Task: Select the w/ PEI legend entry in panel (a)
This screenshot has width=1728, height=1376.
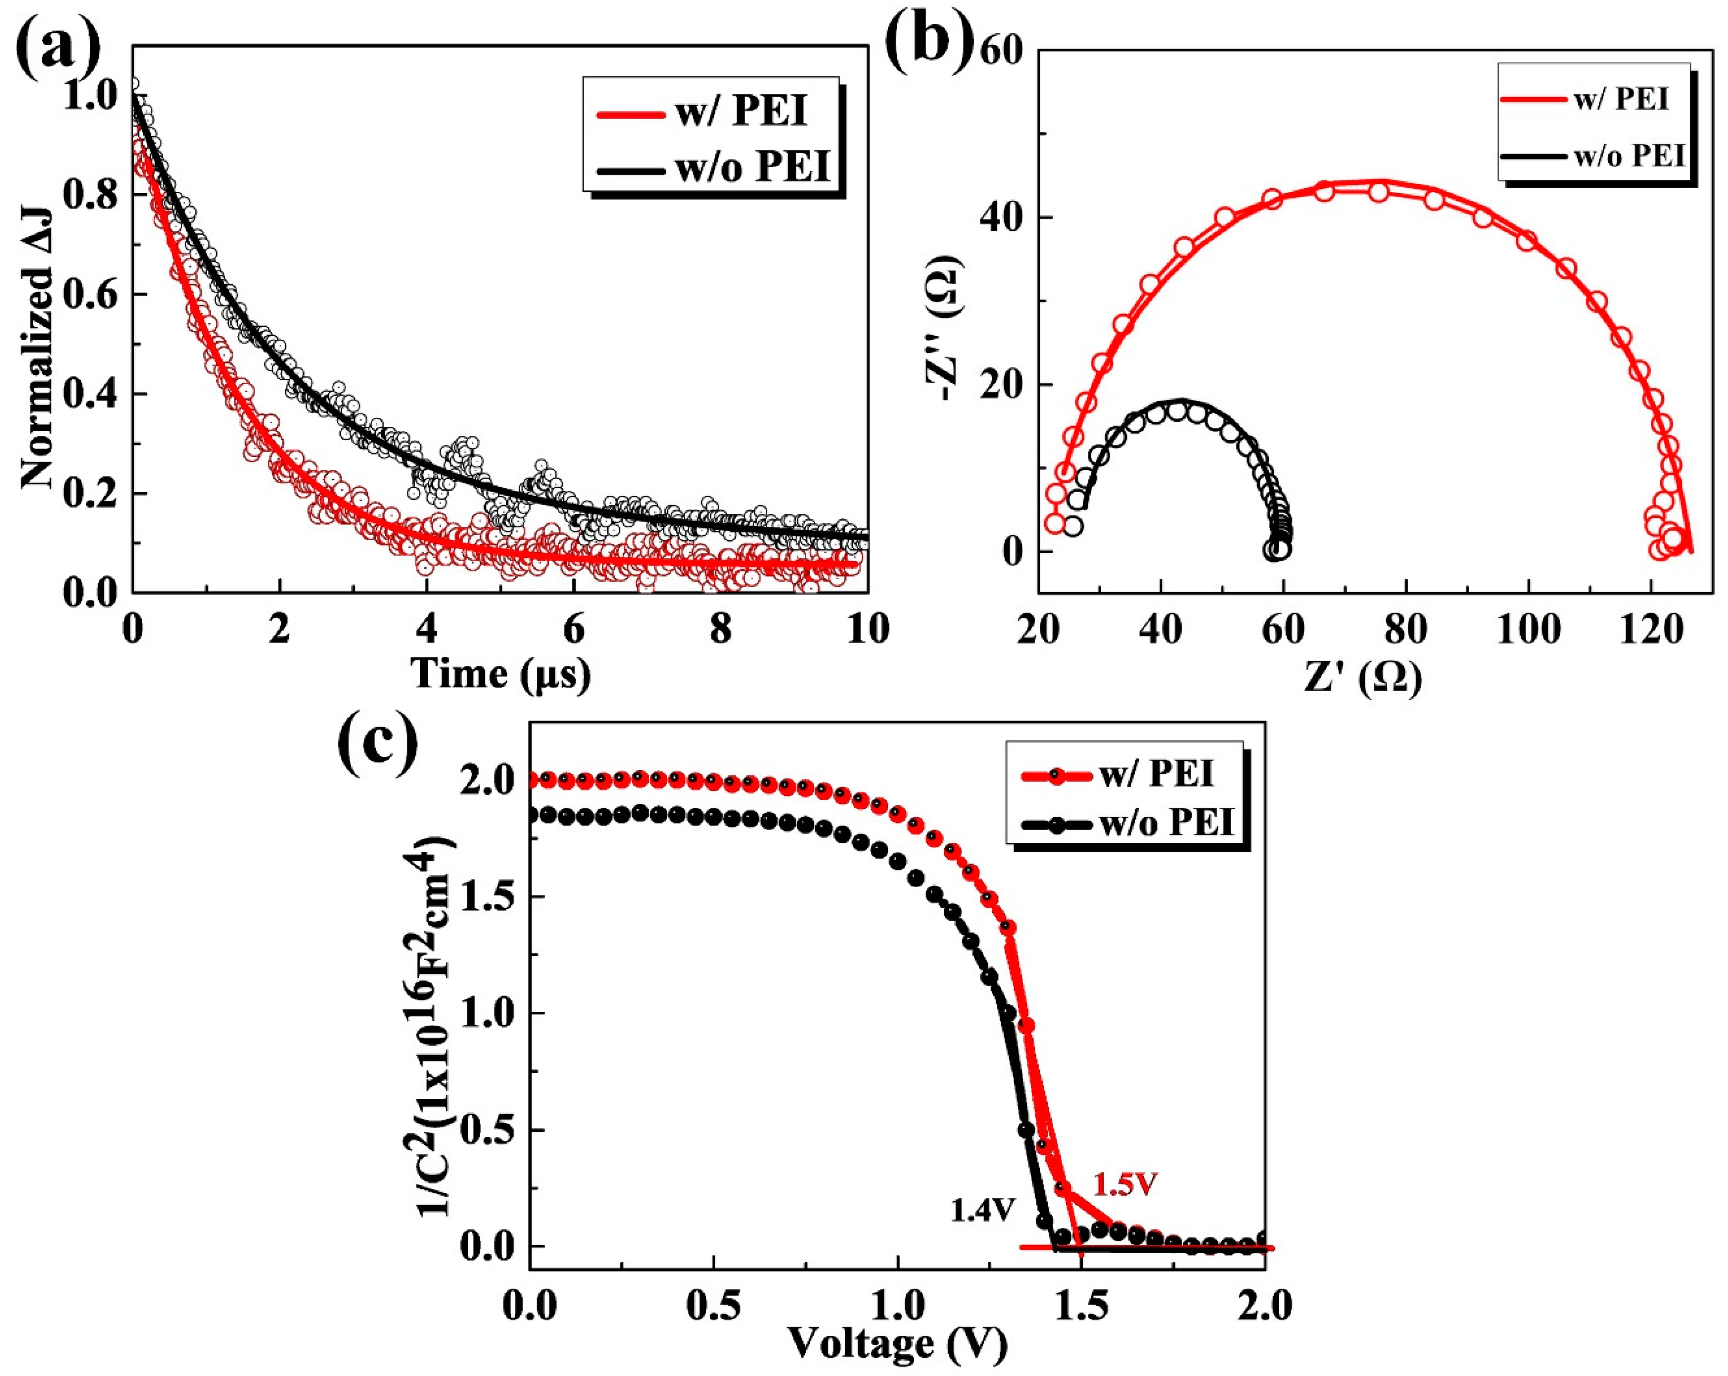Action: pyautogui.click(x=713, y=113)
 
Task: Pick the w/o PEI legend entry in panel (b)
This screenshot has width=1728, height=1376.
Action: pyautogui.click(x=1595, y=156)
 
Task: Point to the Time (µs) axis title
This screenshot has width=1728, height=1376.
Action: pyautogui.click(x=501, y=673)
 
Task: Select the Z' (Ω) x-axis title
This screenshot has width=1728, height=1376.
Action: pyautogui.click(x=1363, y=678)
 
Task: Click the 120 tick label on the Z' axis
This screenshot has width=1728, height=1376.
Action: pyautogui.click(x=1651, y=631)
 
